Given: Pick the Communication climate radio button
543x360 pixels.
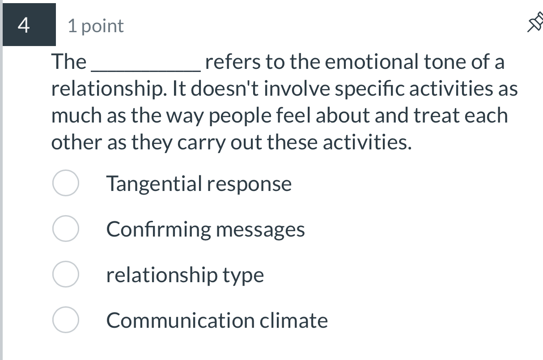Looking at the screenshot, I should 66,320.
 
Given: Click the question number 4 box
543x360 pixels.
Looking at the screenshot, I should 29,25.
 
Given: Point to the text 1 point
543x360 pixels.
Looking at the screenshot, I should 96,26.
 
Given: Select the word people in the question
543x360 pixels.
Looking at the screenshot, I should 237,116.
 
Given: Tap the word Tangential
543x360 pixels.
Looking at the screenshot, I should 154,184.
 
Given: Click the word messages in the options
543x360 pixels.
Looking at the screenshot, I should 261,230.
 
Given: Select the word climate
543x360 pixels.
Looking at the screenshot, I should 294,321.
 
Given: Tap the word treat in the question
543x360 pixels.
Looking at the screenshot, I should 437,116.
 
